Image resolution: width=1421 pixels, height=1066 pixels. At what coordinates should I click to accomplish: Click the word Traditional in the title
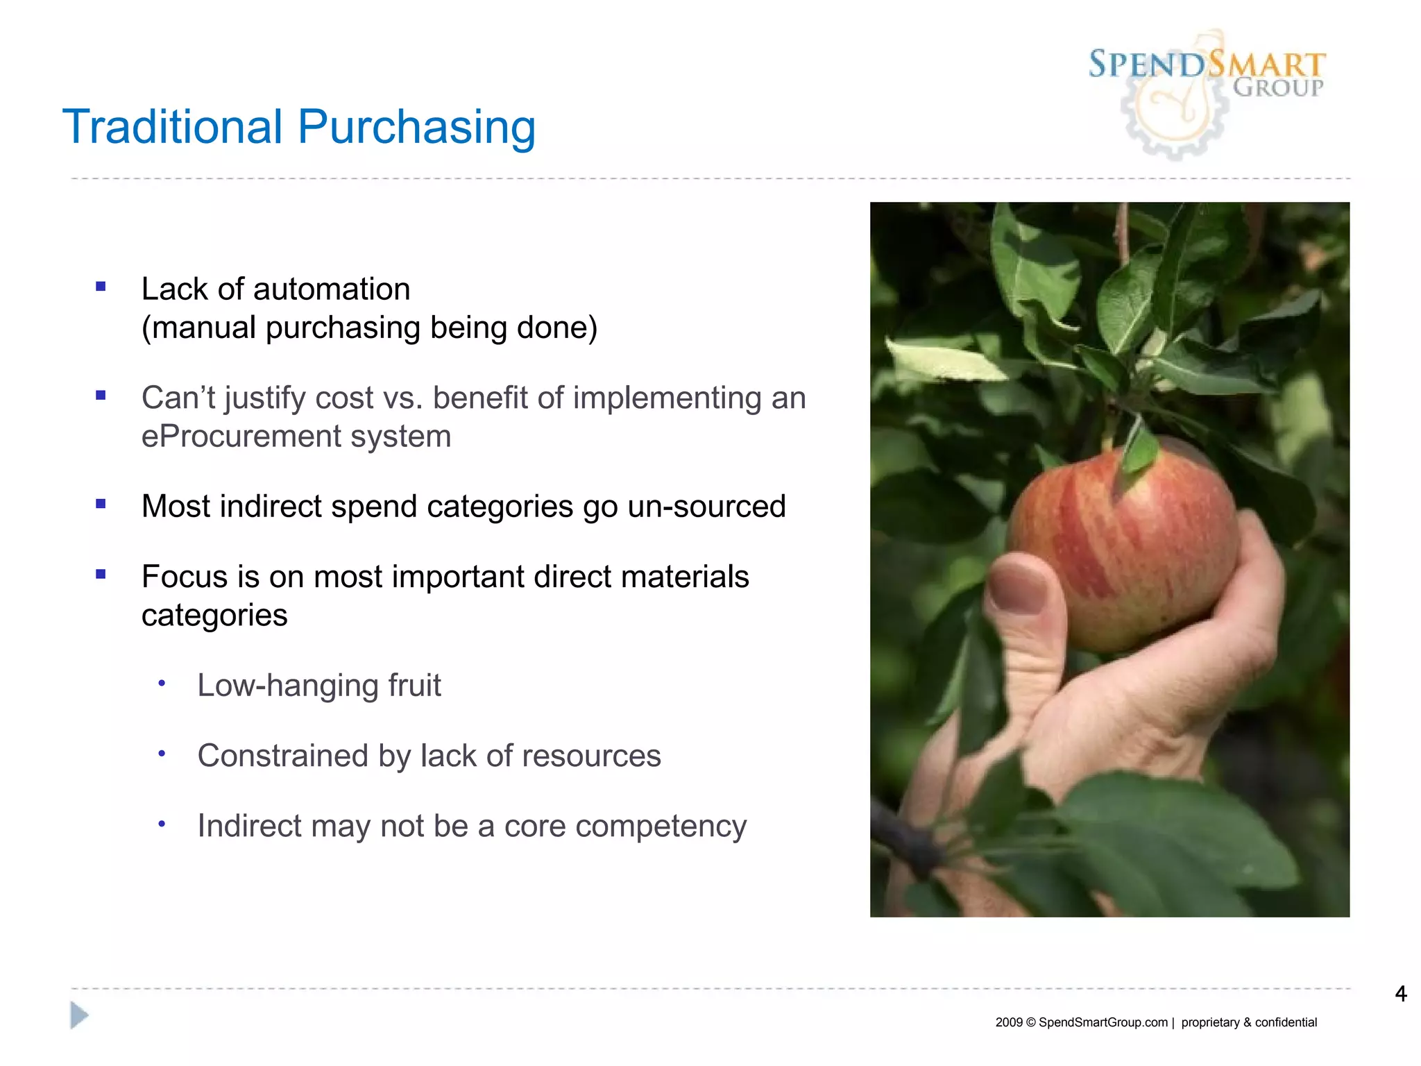(x=173, y=127)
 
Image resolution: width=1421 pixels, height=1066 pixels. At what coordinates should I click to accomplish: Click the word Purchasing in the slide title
(x=416, y=128)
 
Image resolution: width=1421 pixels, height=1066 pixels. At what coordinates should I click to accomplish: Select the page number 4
(x=1400, y=994)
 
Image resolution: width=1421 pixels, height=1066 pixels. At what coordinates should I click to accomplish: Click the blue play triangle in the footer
(x=79, y=1015)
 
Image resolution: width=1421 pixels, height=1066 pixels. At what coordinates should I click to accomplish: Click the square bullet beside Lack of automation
(x=101, y=287)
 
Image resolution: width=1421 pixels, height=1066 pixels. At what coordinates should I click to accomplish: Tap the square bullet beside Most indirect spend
(x=101, y=504)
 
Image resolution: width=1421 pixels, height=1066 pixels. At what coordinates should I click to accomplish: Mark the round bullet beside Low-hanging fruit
(x=162, y=684)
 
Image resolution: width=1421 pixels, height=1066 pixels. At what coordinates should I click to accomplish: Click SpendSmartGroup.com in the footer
(x=1103, y=1022)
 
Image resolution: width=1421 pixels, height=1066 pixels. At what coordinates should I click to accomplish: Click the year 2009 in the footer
(x=1008, y=1022)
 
